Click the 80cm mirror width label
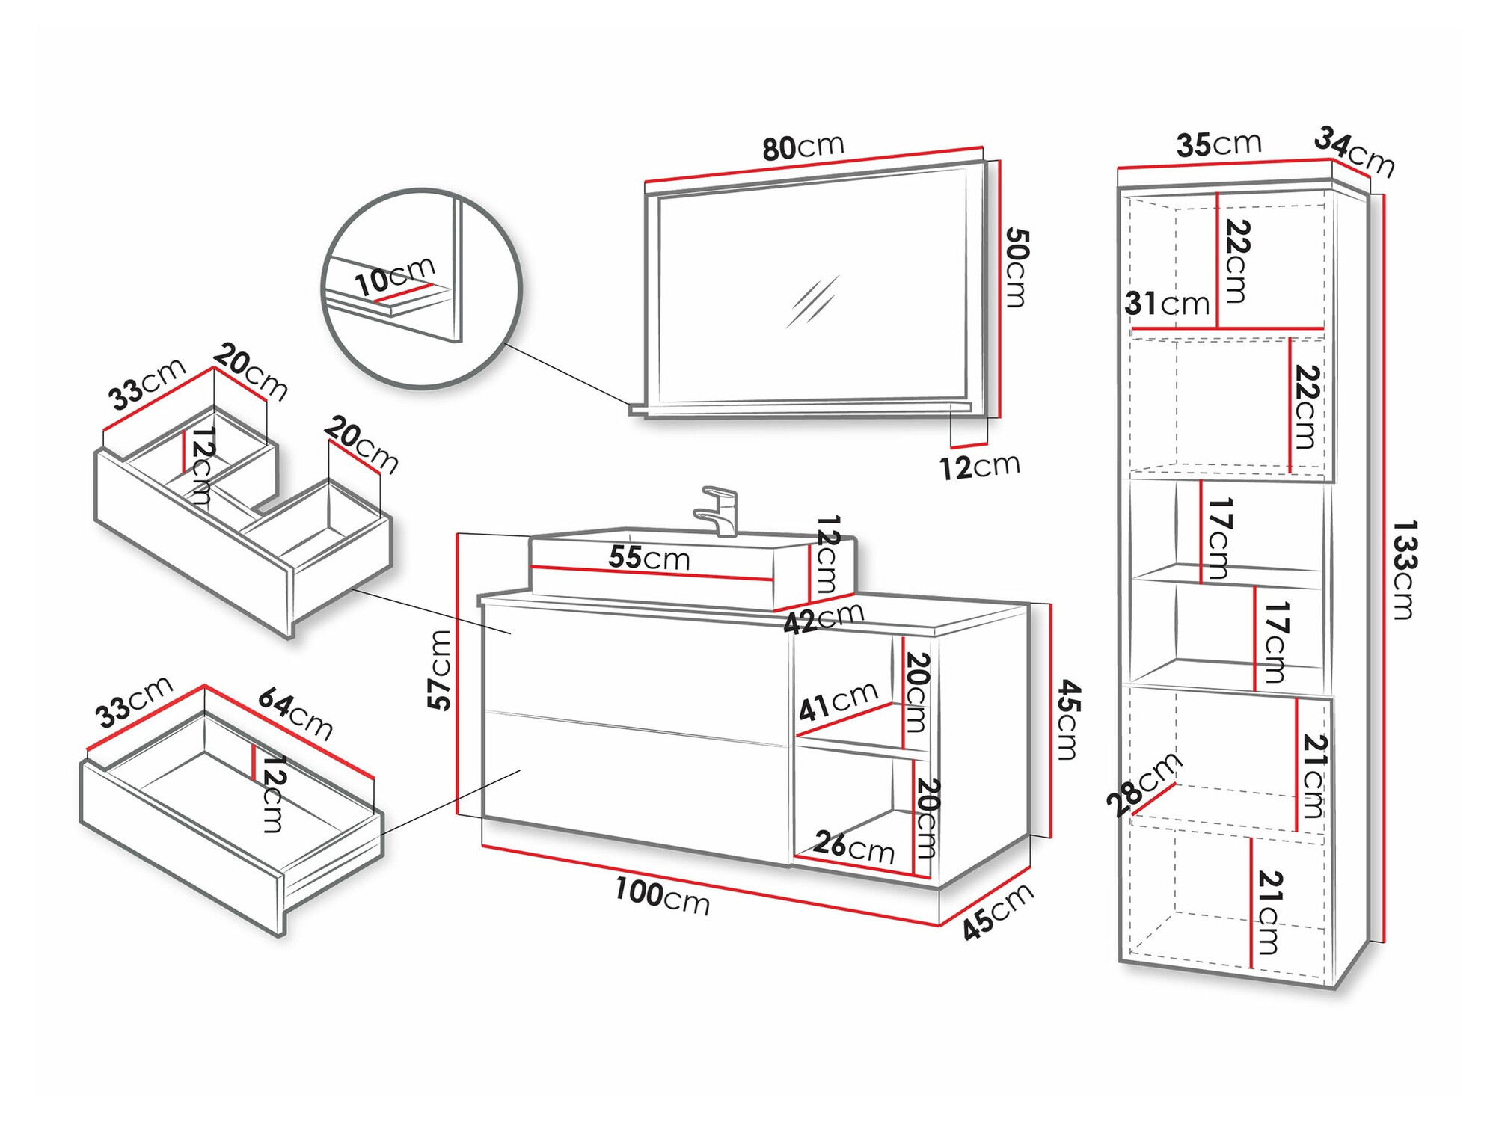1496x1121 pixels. click(x=803, y=147)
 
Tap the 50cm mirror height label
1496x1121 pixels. click(x=1016, y=268)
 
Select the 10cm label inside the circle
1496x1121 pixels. click(x=394, y=275)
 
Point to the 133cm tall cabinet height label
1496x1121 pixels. click(x=1404, y=570)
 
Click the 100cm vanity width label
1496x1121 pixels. click(x=662, y=895)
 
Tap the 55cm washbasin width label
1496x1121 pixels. click(x=649, y=557)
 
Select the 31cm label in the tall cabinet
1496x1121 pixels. click(x=1167, y=304)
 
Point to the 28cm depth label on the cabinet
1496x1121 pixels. click(x=1142, y=784)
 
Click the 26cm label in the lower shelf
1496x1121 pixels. click(x=853, y=847)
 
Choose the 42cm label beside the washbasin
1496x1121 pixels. click(x=824, y=618)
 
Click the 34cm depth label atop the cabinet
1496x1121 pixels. click(x=1355, y=151)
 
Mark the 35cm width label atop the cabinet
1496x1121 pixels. click(x=1218, y=144)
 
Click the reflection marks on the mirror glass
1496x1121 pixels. click(x=812, y=301)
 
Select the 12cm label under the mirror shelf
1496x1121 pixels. click(x=979, y=467)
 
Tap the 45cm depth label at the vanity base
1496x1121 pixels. click(x=998, y=911)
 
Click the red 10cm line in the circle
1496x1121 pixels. click(x=404, y=292)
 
